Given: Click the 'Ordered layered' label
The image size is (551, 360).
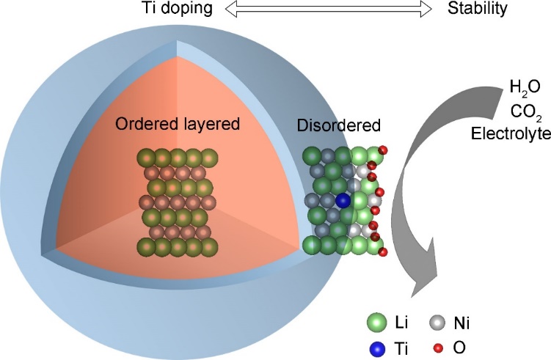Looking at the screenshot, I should click(178, 125).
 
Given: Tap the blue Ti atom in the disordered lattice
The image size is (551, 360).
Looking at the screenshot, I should click(343, 200).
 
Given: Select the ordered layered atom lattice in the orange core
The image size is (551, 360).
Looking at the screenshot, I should click(176, 201).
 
